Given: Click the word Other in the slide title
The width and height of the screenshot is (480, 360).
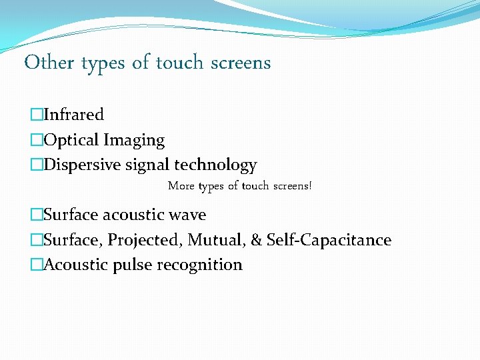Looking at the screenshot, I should [49, 63].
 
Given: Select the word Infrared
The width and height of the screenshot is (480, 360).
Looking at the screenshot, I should [73, 115].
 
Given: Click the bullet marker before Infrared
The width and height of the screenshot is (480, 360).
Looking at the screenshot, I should [36, 115].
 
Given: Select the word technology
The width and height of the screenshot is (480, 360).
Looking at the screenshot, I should [215, 165].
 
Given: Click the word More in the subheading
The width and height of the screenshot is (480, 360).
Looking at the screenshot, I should [181, 186].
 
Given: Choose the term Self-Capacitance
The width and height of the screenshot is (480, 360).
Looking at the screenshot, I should [329, 240].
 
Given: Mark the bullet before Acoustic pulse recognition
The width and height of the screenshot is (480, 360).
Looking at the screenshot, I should [36, 265].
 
